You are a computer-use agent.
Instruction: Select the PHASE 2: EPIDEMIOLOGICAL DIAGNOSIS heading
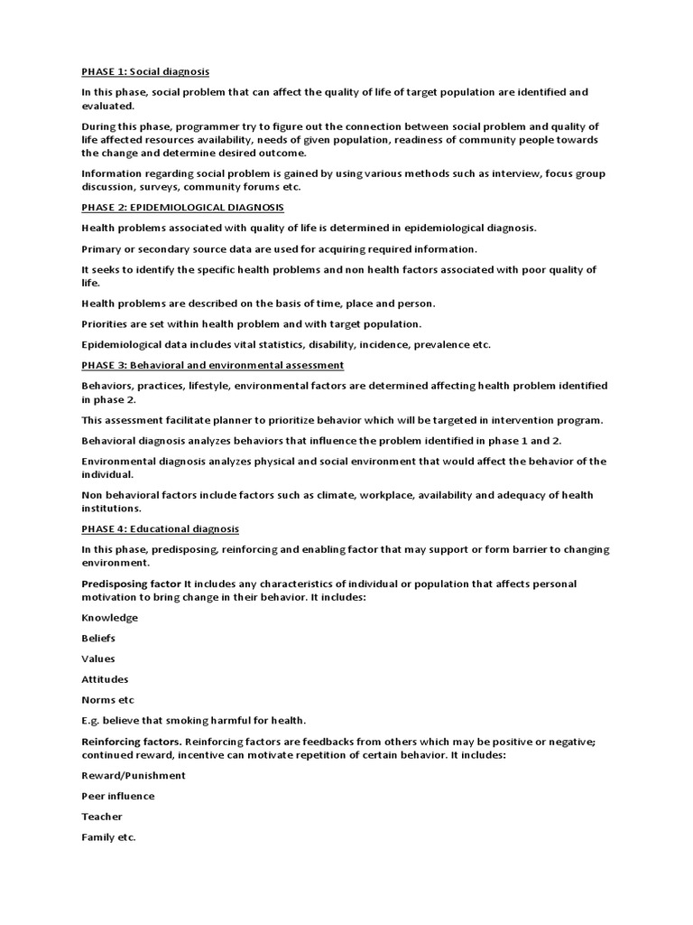[182, 208]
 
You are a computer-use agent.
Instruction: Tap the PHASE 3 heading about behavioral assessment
[212, 365]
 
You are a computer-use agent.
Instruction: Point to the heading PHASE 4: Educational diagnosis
[160, 529]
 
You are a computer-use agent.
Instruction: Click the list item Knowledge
[109, 618]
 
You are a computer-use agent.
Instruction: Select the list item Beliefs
[98, 639]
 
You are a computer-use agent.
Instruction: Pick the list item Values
[98, 659]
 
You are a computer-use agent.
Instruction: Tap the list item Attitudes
[105, 679]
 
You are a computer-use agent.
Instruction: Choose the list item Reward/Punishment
[134, 775]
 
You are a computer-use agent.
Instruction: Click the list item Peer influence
[117, 796]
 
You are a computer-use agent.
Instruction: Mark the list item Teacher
[102, 817]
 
